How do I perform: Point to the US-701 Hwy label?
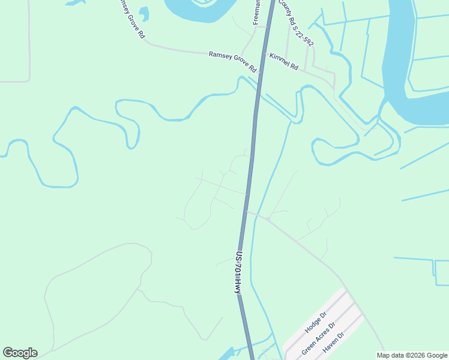pos(238,272)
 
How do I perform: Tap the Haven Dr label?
pos(331,344)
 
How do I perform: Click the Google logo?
pos(20,353)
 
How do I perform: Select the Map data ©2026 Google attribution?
pos(412,355)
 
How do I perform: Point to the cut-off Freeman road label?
pos(256,12)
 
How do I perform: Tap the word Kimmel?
pos(280,60)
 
